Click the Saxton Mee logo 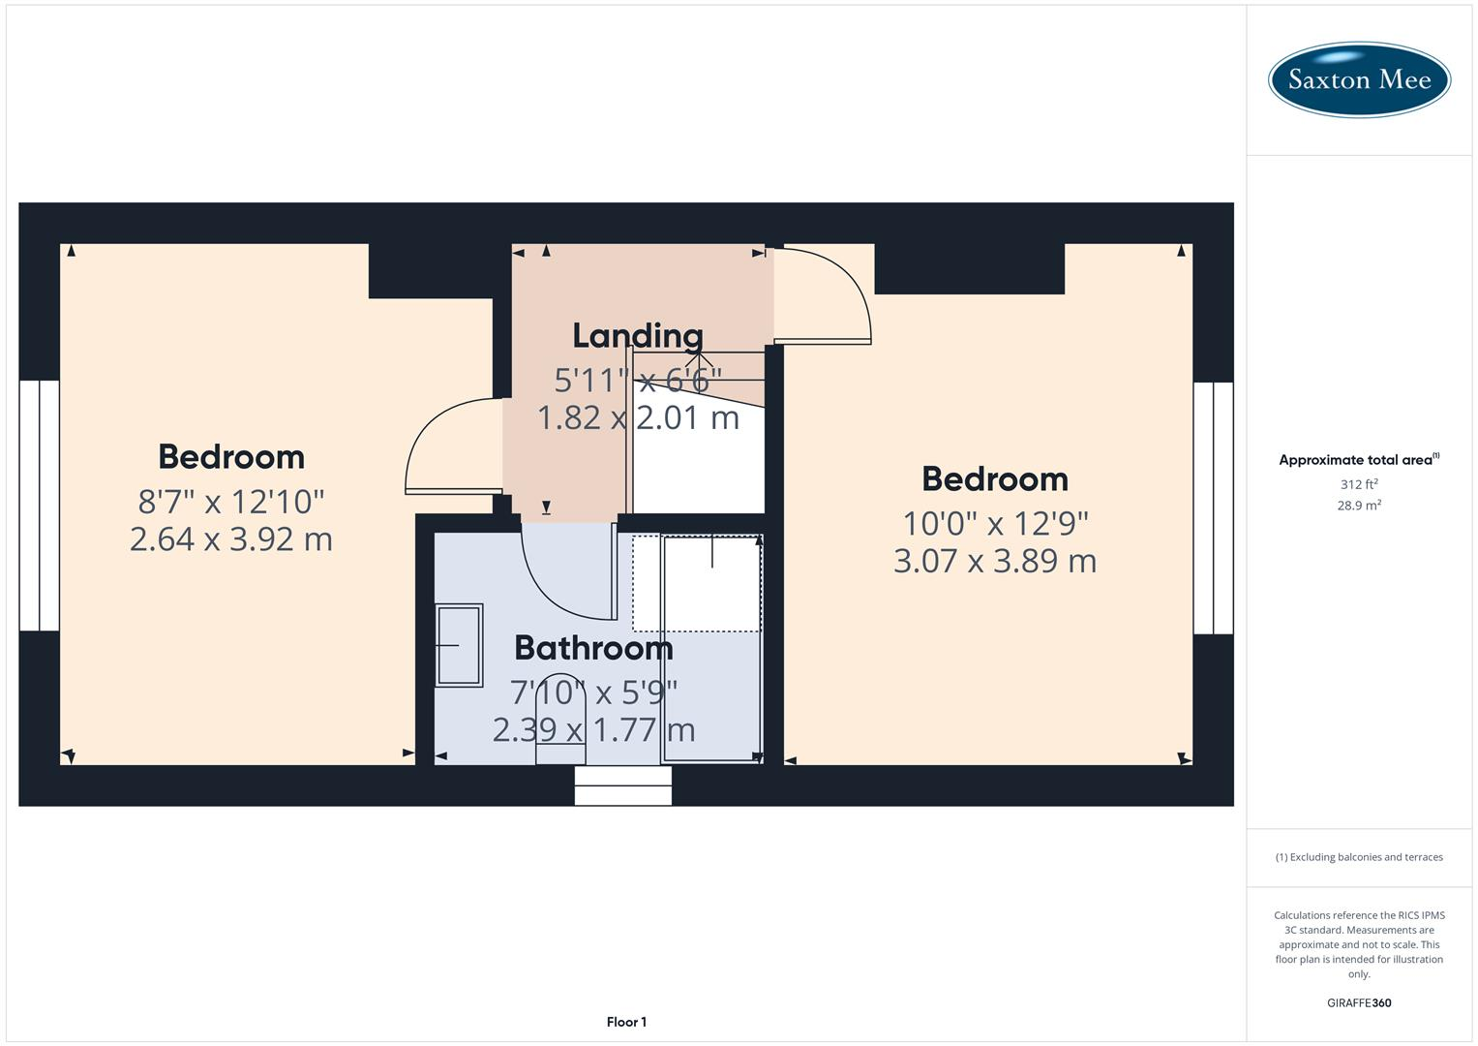pyautogui.click(x=1359, y=79)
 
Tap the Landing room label pyautogui.click(x=638, y=336)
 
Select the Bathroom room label pyautogui.click(x=593, y=648)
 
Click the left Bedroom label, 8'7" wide pyautogui.click(x=231, y=457)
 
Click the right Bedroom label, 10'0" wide pyautogui.click(x=995, y=479)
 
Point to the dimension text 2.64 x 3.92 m pyautogui.click(x=231, y=539)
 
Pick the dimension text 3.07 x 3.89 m pyautogui.click(x=995, y=562)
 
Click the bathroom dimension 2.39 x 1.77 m pyautogui.click(x=593, y=730)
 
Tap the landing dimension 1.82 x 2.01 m pyautogui.click(x=638, y=418)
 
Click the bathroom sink pyautogui.click(x=459, y=645)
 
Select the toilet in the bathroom pyautogui.click(x=560, y=718)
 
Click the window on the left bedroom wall pyautogui.click(x=39, y=506)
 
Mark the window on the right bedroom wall pyautogui.click(x=1214, y=508)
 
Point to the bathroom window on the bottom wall pyautogui.click(x=622, y=785)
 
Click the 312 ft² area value pyautogui.click(x=1359, y=484)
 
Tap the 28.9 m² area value pyautogui.click(x=1359, y=506)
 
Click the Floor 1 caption pyautogui.click(x=626, y=1022)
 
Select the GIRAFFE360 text pyautogui.click(x=1359, y=1003)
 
